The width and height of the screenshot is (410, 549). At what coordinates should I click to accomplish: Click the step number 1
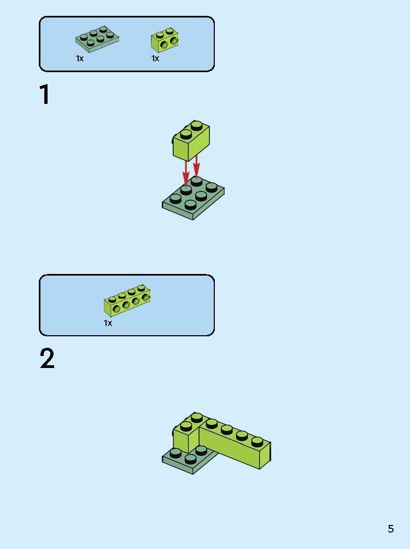[x=45, y=95]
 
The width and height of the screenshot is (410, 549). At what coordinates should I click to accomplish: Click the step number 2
[x=47, y=360]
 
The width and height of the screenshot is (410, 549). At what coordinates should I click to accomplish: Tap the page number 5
[x=390, y=529]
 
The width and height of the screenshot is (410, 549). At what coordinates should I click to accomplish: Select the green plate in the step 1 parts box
[x=97, y=40]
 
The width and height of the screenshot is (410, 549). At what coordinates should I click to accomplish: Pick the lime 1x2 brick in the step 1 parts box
[x=165, y=39]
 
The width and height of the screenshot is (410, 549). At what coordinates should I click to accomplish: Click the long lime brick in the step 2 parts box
[x=127, y=301]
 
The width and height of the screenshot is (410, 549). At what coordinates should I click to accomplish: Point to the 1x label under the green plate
[x=80, y=59]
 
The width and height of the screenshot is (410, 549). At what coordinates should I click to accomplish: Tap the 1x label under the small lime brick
[x=155, y=59]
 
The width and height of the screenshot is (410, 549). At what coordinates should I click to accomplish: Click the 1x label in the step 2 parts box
[x=108, y=323]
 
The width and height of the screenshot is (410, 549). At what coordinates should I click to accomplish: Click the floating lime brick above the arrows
[x=191, y=141]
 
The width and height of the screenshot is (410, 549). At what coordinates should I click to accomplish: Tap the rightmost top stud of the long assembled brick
[x=257, y=440]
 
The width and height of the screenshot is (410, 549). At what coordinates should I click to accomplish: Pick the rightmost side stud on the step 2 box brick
[x=146, y=297]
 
